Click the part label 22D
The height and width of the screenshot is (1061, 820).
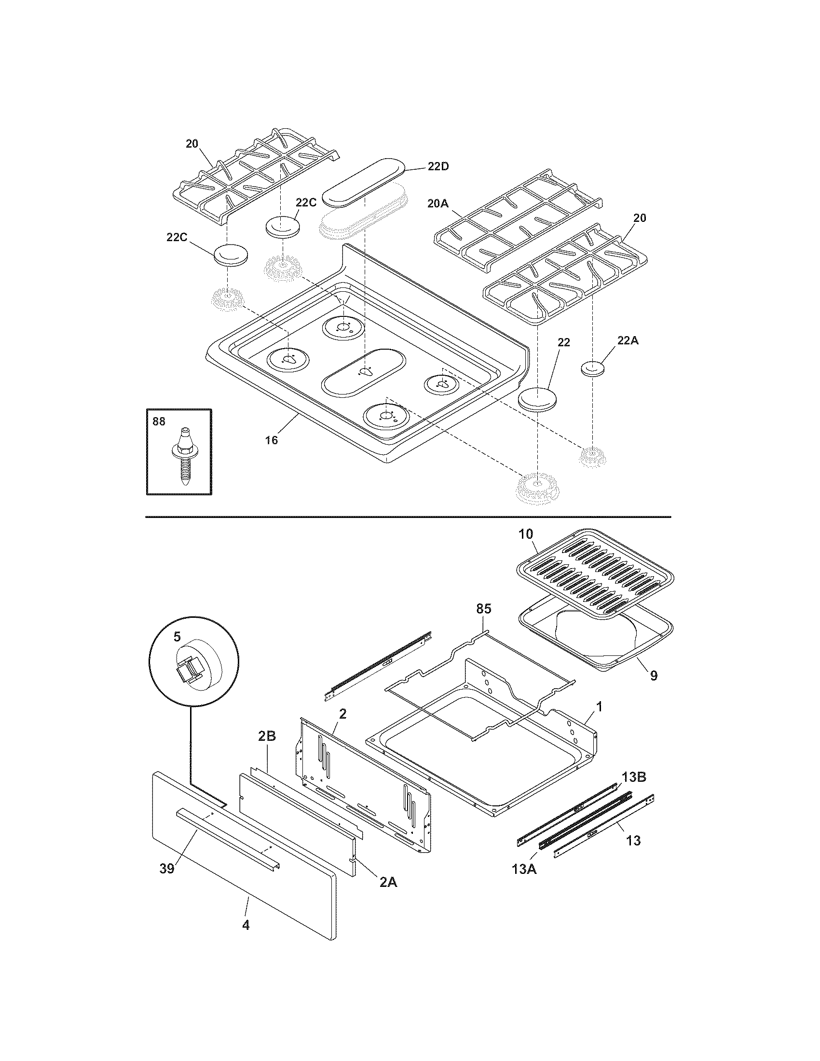437,167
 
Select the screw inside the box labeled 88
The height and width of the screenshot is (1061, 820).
185,458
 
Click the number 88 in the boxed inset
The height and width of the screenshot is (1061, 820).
159,422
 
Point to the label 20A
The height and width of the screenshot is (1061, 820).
437,204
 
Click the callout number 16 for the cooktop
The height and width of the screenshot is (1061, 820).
272,440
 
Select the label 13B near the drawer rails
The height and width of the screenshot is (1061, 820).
634,777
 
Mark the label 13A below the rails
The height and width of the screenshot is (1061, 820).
524,869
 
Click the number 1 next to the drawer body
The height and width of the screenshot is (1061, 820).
599,707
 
